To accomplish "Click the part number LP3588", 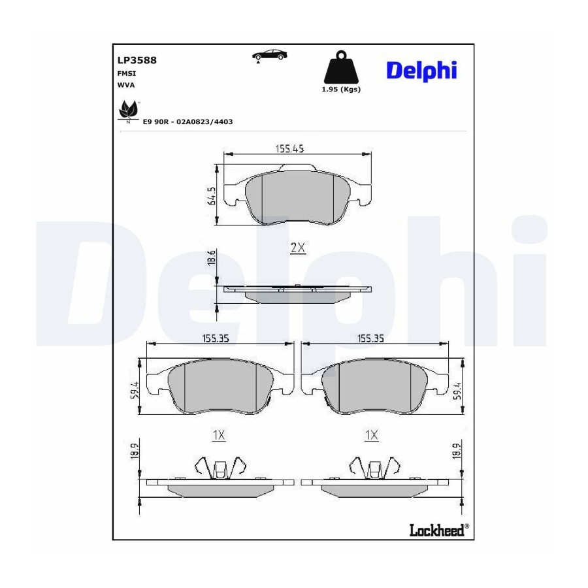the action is (137, 60).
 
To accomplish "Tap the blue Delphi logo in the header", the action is (421, 71).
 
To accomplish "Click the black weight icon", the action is (341, 67).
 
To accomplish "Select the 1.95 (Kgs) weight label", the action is (341, 90).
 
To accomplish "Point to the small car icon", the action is (270, 56).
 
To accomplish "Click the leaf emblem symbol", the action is (128, 111).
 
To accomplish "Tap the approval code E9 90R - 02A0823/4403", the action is (188, 122).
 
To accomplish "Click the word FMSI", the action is (126, 73).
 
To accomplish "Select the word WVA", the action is (126, 85).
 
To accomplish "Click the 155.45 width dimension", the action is (289, 148).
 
